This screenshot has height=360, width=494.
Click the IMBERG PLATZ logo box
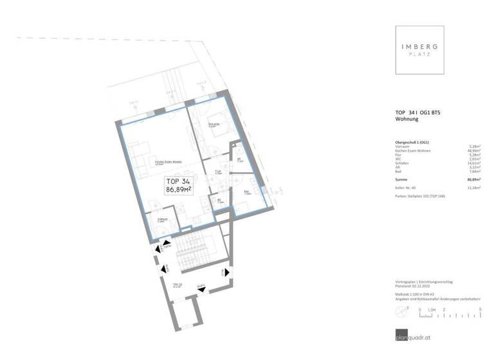click(x=419, y=50)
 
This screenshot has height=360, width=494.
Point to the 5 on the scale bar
click(x=480, y=309)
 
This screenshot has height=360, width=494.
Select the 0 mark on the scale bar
click(x=419, y=309)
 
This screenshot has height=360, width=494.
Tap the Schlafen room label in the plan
click(x=214, y=124)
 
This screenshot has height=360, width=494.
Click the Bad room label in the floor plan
click(x=246, y=192)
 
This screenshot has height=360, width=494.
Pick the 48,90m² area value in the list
click(x=474, y=150)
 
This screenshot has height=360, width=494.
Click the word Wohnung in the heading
click(x=407, y=120)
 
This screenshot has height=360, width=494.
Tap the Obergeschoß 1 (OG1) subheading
click(x=412, y=141)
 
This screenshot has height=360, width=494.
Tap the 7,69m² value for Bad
click(x=475, y=172)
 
